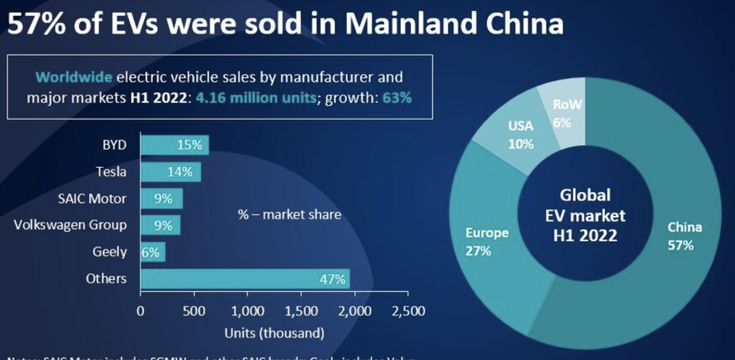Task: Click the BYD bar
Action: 174,145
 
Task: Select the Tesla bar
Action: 170,171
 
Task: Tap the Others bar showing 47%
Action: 245,279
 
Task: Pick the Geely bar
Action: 152,252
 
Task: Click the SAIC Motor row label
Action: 92,199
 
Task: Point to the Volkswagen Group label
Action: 70,225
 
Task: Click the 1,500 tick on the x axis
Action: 301,311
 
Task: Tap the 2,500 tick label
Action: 408,311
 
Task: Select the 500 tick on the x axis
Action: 194,311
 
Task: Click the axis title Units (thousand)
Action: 274,333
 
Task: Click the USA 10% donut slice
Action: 520,135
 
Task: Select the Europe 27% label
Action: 487,241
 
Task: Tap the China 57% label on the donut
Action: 684,236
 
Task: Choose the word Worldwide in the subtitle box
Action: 74,77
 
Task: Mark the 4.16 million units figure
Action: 255,98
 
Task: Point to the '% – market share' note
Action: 289,215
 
